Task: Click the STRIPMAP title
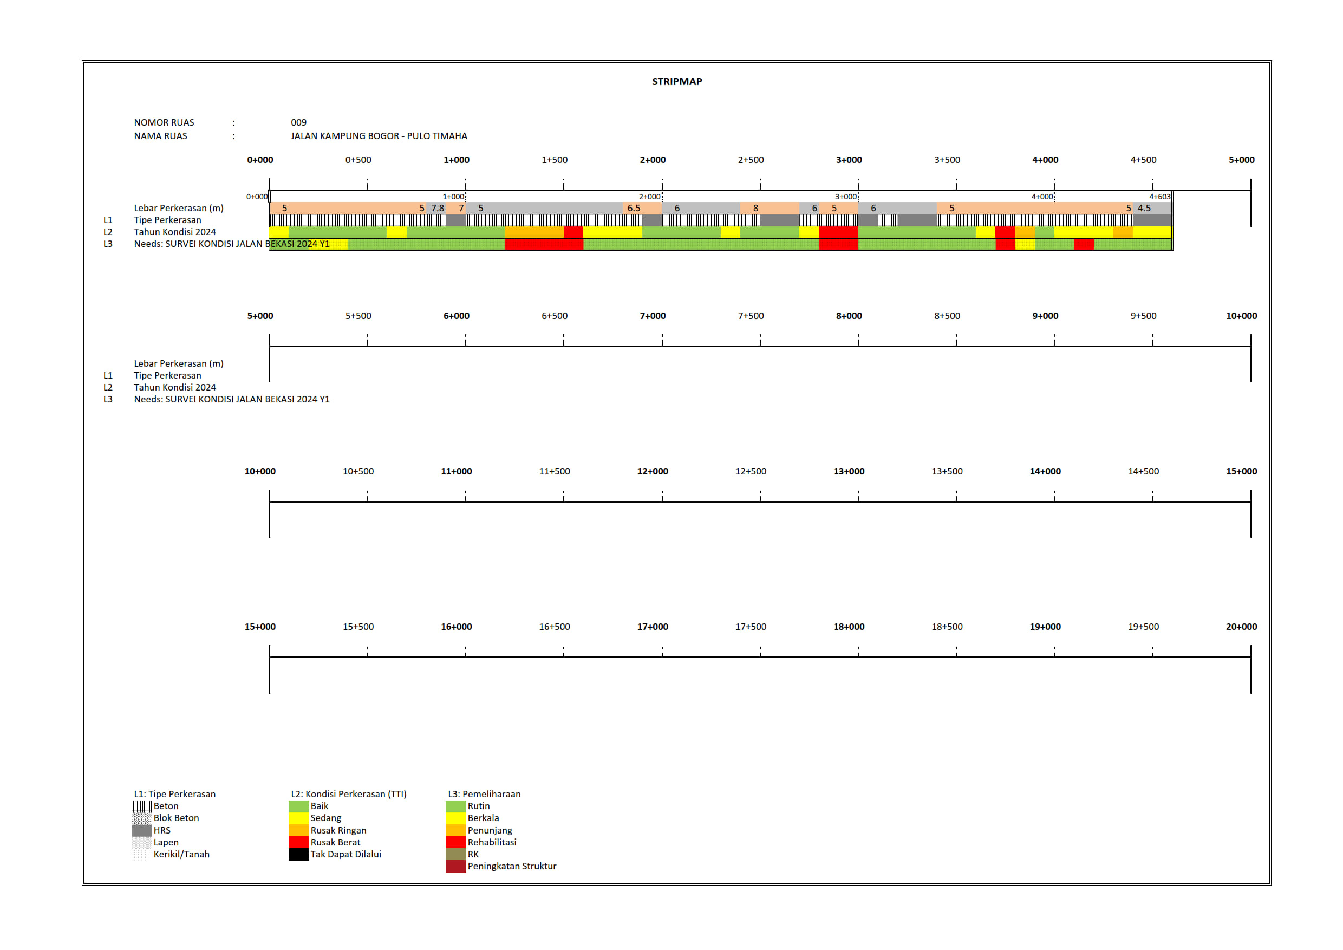[x=677, y=81]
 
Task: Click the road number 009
[x=298, y=122]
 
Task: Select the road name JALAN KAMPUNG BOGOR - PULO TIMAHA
[x=379, y=136]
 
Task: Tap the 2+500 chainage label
[x=751, y=160]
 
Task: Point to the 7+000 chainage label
[x=652, y=316]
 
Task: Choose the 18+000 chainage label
[x=848, y=627]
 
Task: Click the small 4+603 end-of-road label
[x=1159, y=197]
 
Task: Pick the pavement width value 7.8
[x=438, y=208]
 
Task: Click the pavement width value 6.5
[x=634, y=208]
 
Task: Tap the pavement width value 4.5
[x=1144, y=208]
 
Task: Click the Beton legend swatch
[x=141, y=806]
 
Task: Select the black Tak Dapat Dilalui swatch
[x=298, y=854]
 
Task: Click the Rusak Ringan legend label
[x=338, y=830]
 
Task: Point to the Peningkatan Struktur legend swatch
[x=455, y=867]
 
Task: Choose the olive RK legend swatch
[x=455, y=854]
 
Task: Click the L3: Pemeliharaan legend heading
[x=484, y=794]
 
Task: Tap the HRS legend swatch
[x=141, y=830]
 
